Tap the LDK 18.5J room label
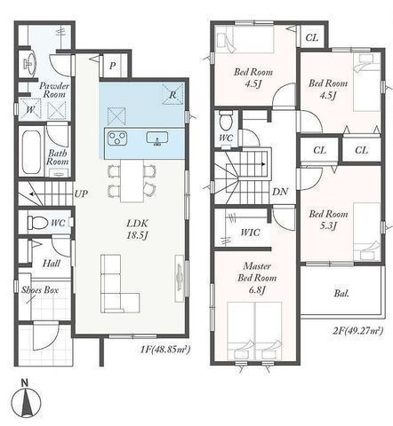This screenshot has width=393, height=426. pos(137,229)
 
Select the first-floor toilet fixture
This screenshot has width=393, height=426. pos(37,223)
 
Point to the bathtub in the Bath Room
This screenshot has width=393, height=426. pos(30,153)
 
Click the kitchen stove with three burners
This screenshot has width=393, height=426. pos(117,138)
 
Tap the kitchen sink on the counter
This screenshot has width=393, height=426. pos(157,138)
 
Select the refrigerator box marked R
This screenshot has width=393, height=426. pos(172,94)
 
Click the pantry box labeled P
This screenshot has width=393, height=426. pos(112,66)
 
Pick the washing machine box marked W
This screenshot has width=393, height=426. pos(30,109)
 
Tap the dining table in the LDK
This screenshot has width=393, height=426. pos(132,180)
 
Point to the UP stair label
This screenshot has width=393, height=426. pos(81,193)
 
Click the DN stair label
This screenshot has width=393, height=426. pos(280,192)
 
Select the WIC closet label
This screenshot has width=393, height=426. pos(250,233)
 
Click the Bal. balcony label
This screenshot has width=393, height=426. pos(341,294)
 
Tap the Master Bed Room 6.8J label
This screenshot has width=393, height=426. pos(257,278)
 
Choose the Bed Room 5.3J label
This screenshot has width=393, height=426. pos(328,220)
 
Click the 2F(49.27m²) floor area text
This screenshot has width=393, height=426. pos(358,330)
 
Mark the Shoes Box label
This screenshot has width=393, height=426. pos(40,290)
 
